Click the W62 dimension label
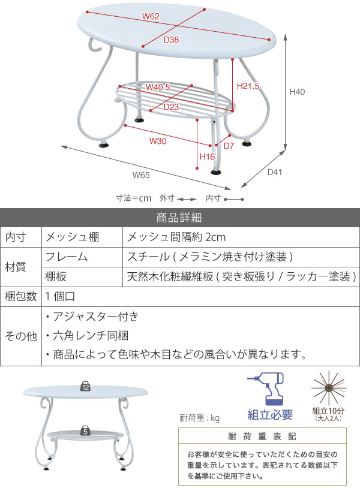tap(151, 16)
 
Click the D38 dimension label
tap(172, 40)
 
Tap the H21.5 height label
tap(248, 86)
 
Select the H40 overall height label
tap(298, 92)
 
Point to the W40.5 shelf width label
tap(158, 87)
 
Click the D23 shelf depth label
tap(172, 107)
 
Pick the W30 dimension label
tap(158, 142)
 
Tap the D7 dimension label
tap(229, 146)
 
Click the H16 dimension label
tap(207, 156)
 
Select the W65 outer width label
tap(141, 175)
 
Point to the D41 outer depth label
tap(274, 172)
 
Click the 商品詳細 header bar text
tap(179, 217)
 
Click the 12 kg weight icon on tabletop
tap(86, 387)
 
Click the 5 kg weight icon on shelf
tap(86, 430)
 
